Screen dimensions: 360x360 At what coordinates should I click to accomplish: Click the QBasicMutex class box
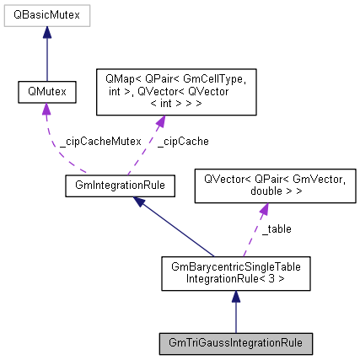(x=46, y=16)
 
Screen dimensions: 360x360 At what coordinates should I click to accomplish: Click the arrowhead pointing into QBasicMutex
(x=46, y=32)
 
